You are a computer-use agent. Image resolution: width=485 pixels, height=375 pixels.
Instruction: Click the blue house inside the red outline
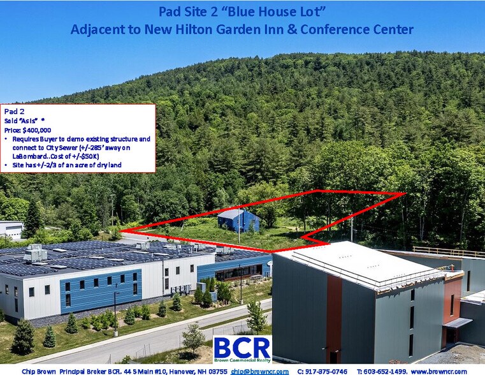(x=238, y=221)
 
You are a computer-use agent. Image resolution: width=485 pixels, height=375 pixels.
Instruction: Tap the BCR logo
(x=242, y=349)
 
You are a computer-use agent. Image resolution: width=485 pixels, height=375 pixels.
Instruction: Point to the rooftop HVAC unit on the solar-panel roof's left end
(x=35, y=253)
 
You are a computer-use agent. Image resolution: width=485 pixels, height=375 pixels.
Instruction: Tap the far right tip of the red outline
(x=404, y=193)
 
